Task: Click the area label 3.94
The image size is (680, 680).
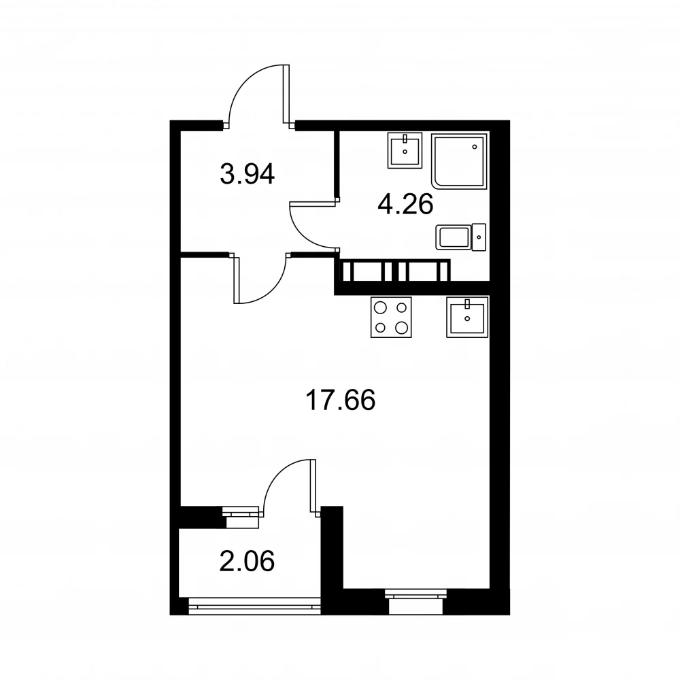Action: coord(248,174)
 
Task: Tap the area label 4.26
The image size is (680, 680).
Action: coord(405,205)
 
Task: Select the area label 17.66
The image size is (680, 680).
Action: coord(341,400)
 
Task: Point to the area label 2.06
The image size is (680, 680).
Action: coord(248,561)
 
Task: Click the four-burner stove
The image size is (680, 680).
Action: coord(391,318)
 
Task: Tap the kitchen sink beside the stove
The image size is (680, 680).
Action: coord(468,317)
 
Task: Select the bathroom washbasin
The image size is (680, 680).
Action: coord(405,150)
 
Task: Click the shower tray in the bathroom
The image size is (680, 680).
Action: coord(459,161)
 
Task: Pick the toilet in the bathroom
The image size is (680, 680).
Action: coord(460,237)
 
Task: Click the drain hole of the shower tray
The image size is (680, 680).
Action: coord(475,147)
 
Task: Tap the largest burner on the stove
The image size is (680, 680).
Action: coord(402,328)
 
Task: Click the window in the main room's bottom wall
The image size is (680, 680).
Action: coord(416,602)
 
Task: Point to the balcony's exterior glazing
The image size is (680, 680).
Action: coord(255,606)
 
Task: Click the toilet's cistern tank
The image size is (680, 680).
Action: coord(479,237)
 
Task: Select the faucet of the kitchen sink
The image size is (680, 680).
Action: coord(467,304)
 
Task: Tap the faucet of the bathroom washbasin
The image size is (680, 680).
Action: coord(405,139)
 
